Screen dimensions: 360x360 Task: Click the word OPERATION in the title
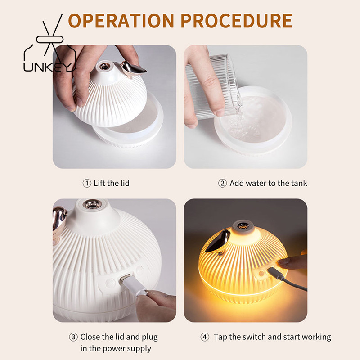click(x=121, y=21)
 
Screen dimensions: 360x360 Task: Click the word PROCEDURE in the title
click(x=236, y=21)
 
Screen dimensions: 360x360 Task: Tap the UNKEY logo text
click(x=49, y=67)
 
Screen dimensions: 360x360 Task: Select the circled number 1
click(x=87, y=183)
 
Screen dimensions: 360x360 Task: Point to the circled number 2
click(x=222, y=183)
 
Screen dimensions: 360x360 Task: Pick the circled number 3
click(x=73, y=337)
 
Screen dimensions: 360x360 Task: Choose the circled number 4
click(x=205, y=337)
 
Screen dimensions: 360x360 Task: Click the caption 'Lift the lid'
click(x=112, y=183)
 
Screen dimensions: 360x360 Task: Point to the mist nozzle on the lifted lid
click(x=104, y=67)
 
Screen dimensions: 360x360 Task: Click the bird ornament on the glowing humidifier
click(x=218, y=241)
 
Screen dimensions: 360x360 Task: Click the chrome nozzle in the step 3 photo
click(x=92, y=204)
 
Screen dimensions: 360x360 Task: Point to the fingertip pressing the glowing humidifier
click(x=281, y=262)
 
